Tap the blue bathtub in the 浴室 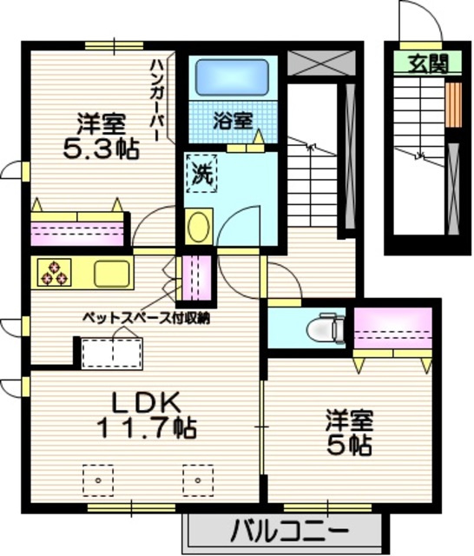click(x=227, y=77)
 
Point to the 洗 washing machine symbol click(x=201, y=174)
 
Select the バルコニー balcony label click(x=290, y=529)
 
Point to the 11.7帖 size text click(x=145, y=427)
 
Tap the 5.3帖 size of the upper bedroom click(x=101, y=149)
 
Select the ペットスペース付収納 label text click(x=146, y=318)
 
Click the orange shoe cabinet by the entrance click(x=452, y=104)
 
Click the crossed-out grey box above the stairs click(x=320, y=63)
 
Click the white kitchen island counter click(x=111, y=354)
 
